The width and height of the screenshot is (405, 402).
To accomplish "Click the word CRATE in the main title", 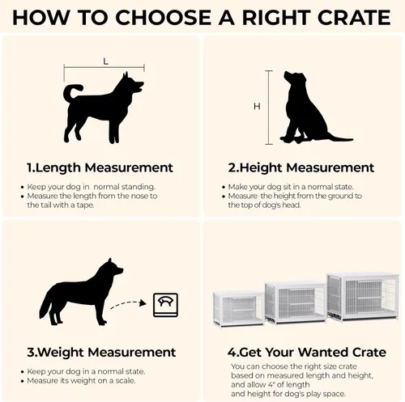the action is pyautogui.click(x=354, y=18).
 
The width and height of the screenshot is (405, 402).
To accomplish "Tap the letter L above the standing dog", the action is pyautogui.click(x=105, y=61).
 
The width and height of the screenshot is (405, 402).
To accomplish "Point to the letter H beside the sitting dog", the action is pyautogui.click(x=257, y=107).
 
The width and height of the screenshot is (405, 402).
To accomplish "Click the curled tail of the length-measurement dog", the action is pyautogui.click(x=70, y=92).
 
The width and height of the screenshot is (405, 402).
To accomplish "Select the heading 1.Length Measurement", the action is pyautogui.click(x=100, y=167).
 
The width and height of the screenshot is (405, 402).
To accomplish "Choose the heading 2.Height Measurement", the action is pyautogui.click(x=301, y=167).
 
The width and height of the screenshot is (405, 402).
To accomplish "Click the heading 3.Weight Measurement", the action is pyautogui.click(x=101, y=352).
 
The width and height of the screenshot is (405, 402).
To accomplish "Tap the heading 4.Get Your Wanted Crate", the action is pyautogui.click(x=307, y=352).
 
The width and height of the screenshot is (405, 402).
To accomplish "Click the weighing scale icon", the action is pyautogui.click(x=165, y=305).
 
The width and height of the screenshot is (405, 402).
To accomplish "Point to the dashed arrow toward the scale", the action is pyautogui.click(x=128, y=303).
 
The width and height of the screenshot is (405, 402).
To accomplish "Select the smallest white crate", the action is pyautogui.click(x=238, y=309).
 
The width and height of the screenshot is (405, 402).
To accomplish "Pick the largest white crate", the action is pyautogui.click(x=363, y=297).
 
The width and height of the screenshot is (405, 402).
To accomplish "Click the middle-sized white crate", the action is pyautogui.click(x=296, y=303).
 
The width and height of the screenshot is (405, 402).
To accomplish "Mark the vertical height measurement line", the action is pyautogui.click(x=269, y=108).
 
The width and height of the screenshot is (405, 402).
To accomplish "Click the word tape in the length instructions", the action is pyautogui.click(x=85, y=205).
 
